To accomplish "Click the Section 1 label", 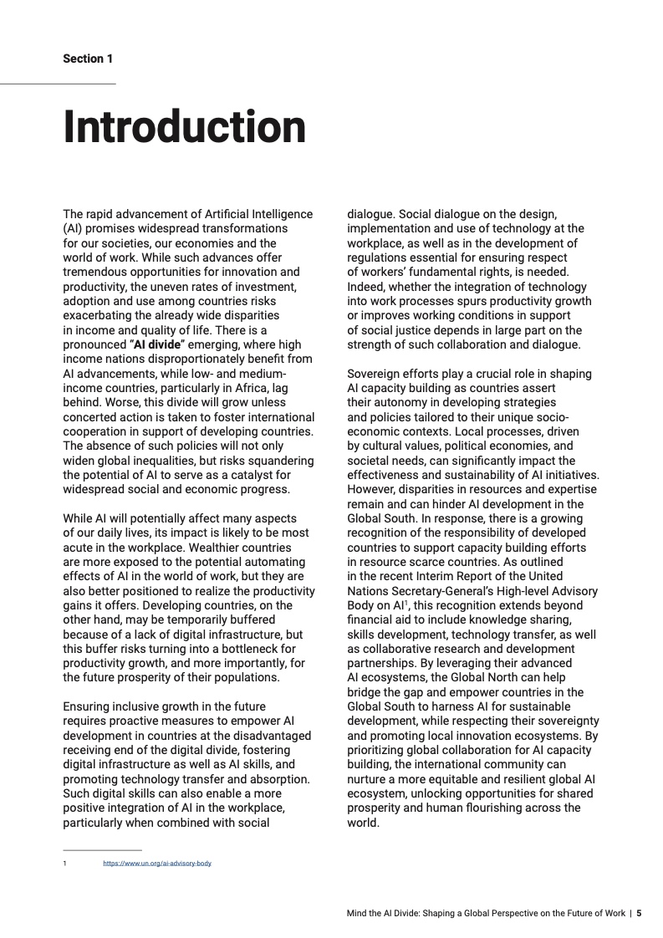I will (x=88, y=59).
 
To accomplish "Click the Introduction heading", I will (x=185, y=126).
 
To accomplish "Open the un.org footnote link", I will (x=157, y=863).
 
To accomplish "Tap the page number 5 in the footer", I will (x=639, y=914).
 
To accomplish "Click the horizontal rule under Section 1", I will (x=58, y=84).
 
